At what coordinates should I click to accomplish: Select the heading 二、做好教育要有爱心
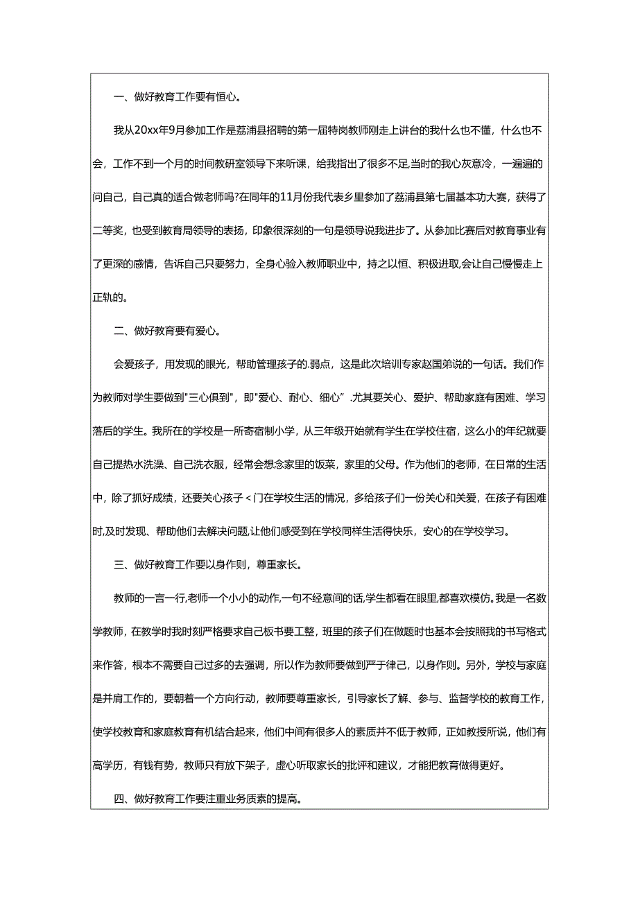(166, 330)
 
